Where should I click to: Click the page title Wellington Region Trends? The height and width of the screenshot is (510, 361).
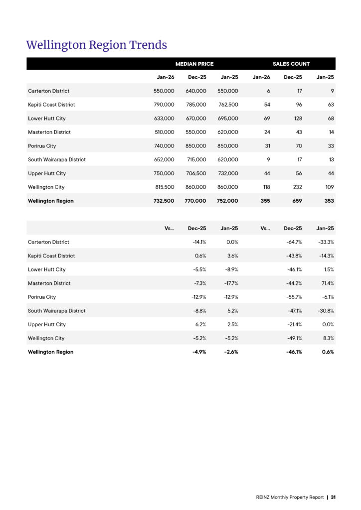(96, 45)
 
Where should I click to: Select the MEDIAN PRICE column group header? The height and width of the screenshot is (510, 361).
(194, 64)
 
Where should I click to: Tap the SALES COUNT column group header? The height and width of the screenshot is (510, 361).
(291, 64)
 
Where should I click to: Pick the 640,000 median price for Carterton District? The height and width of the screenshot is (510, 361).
(196, 91)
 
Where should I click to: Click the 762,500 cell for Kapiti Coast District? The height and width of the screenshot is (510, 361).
(228, 105)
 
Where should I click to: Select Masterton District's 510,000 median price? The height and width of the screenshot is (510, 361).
(164, 132)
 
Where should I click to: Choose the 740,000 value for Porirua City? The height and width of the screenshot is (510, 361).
(164, 146)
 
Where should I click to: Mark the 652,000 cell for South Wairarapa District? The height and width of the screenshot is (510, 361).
(164, 160)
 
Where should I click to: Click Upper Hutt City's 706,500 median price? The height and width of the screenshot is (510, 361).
(196, 173)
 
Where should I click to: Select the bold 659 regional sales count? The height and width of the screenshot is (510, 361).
(295, 201)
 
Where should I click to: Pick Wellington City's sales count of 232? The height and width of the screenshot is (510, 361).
(295, 187)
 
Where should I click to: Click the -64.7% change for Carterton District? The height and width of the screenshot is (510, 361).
(294, 242)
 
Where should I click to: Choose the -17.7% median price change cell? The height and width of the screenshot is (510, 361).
(229, 283)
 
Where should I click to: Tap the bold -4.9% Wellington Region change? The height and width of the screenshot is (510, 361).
(198, 352)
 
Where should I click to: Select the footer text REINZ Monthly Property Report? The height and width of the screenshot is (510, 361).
(290, 497)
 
